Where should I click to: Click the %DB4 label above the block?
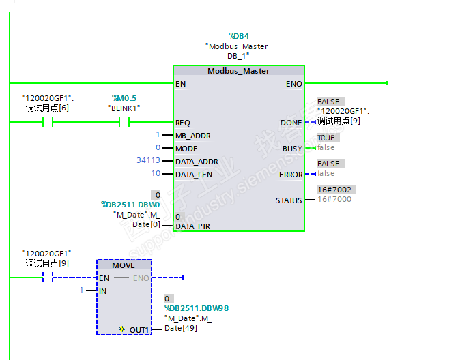pos(239,35)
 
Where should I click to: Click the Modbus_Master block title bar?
pos(238,71)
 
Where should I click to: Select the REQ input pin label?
pos(183,123)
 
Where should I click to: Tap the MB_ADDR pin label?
pos(193,136)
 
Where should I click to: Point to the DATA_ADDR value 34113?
pos(148,161)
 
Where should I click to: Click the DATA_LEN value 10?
pos(156,174)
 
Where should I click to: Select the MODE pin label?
pos(186,149)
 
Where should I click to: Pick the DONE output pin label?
pos(291,123)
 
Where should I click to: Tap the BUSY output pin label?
pos(292,148)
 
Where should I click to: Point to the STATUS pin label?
pos(288,200)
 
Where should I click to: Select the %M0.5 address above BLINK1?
pos(124,98)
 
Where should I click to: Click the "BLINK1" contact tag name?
pos(124,108)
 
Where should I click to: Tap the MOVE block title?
pos(124,265)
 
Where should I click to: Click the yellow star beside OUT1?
pos(121,329)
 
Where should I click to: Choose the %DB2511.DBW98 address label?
pos(196,308)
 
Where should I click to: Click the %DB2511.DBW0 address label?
pos(130,204)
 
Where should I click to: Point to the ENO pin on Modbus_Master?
pos(293,84)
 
